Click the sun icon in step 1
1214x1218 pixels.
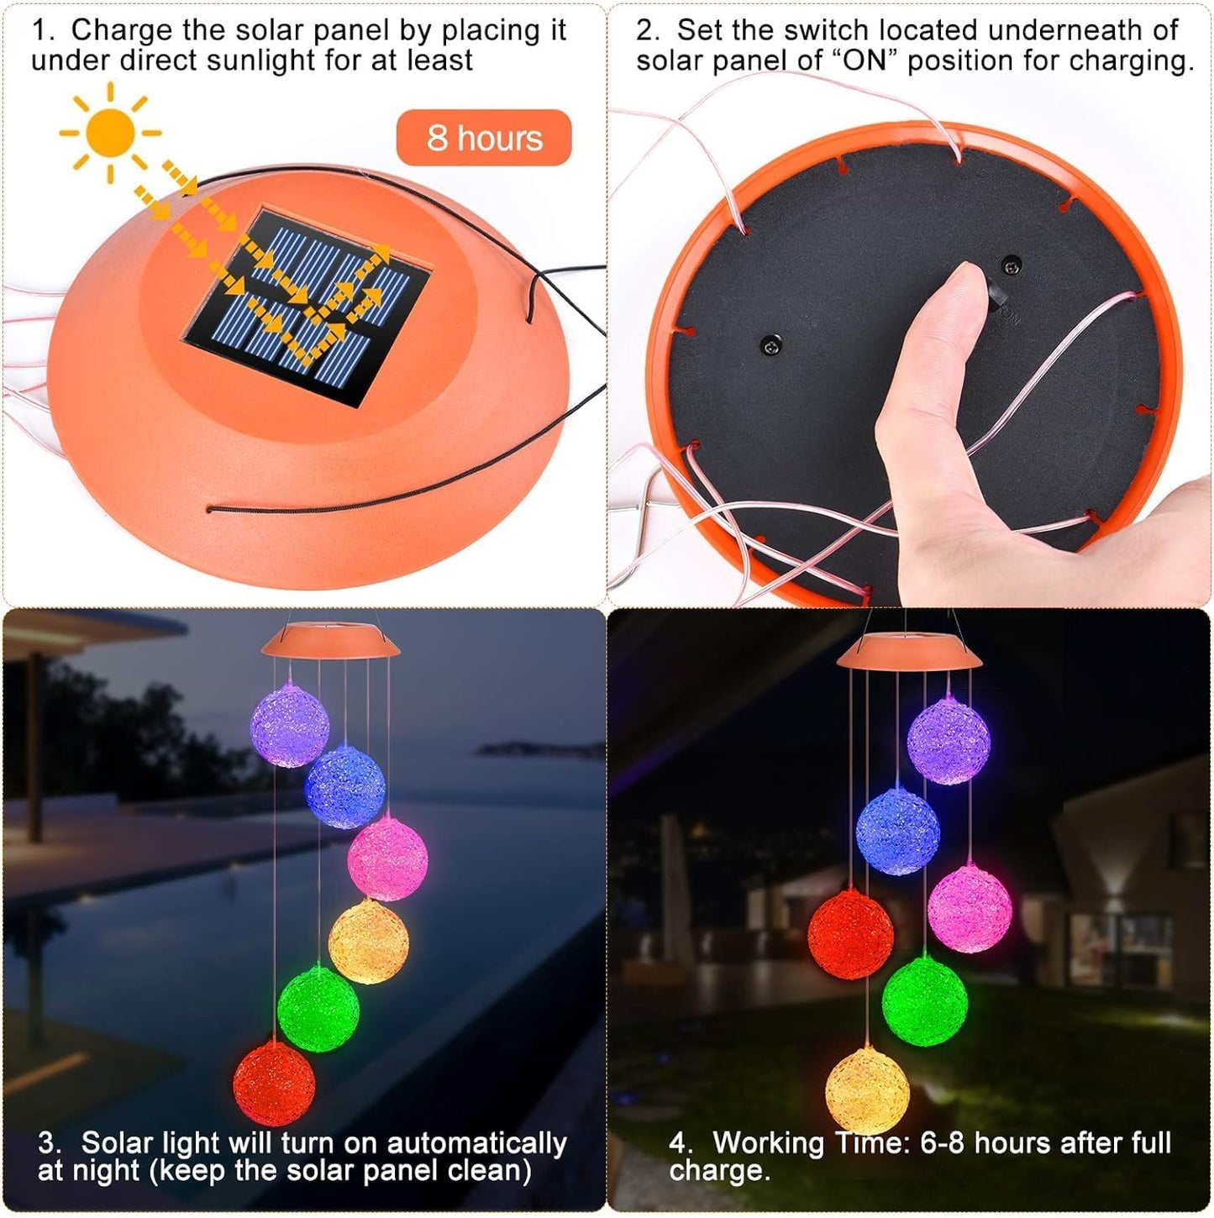110,133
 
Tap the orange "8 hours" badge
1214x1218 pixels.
484,138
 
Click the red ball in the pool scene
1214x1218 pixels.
274,1084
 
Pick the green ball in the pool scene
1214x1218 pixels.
318,1008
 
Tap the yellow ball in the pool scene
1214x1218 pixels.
369,941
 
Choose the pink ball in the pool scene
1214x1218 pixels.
388,858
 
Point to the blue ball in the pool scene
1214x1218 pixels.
344,787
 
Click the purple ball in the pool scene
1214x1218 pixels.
290,725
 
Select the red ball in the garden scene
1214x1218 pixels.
850,934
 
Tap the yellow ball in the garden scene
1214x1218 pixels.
867,1090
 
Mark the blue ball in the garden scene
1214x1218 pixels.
897,832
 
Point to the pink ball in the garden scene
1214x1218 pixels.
970,909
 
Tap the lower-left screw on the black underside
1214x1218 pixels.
770,344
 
